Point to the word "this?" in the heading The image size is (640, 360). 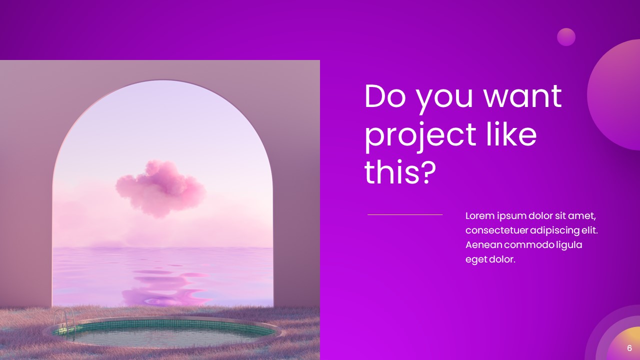click(400, 172)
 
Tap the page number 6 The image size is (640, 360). click(629, 348)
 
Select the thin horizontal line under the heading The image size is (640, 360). click(405, 214)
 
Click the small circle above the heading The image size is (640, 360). click(566, 37)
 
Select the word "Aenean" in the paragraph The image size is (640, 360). click(483, 245)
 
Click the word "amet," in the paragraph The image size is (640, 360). click(582, 216)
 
